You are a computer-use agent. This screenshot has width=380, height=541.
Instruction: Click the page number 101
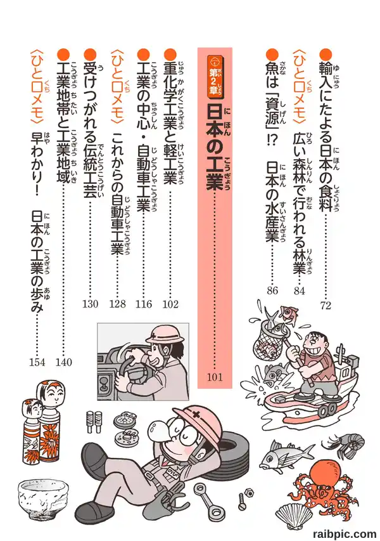click(x=215, y=377)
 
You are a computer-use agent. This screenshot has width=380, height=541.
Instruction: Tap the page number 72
click(x=326, y=305)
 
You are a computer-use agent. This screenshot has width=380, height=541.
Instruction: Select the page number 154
click(x=37, y=362)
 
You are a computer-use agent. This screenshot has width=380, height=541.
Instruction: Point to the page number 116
click(x=144, y=304)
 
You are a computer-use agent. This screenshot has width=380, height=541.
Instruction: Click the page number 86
click(x=272, y=290)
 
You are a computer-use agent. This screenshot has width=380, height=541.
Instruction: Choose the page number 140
click(x=64, y=362)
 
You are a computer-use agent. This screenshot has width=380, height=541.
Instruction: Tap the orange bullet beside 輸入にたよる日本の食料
click(x=326, y=54)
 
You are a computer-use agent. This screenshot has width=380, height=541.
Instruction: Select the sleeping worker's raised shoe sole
click(x=91, y=460)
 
